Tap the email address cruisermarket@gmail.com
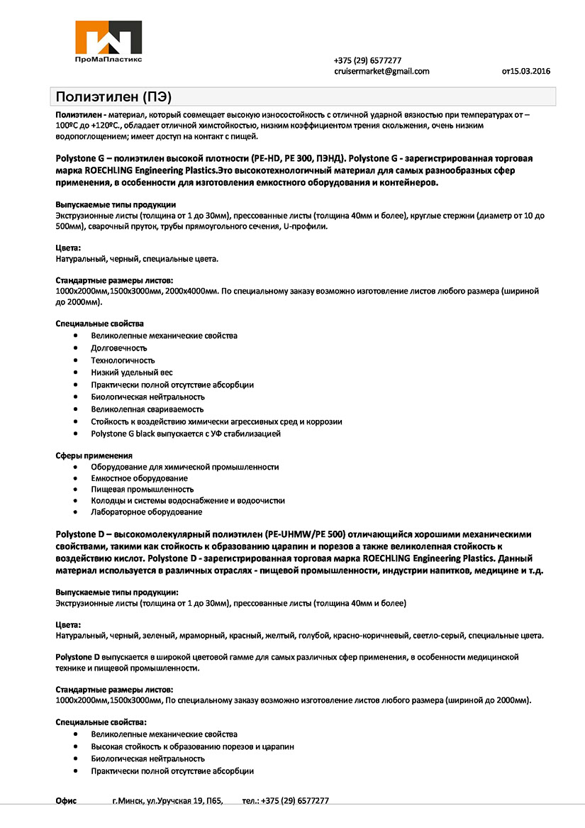[x=381, y=71]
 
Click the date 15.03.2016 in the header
[x=526, y=71]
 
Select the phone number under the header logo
[x=367, y=60]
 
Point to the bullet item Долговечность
[x=118, y=348]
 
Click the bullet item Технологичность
[x=123, y=360]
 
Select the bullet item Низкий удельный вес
[x=132, y=372]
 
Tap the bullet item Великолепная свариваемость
[x=147, y=409]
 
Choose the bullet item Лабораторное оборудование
[x=146, y=512]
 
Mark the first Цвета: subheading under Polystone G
[x=68, y=248]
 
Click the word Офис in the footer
[x=66, y=800]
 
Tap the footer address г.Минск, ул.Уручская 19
[x=167, y=800]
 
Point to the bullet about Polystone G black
[x=186, y=433]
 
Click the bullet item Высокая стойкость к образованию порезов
[x=192, y=746]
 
